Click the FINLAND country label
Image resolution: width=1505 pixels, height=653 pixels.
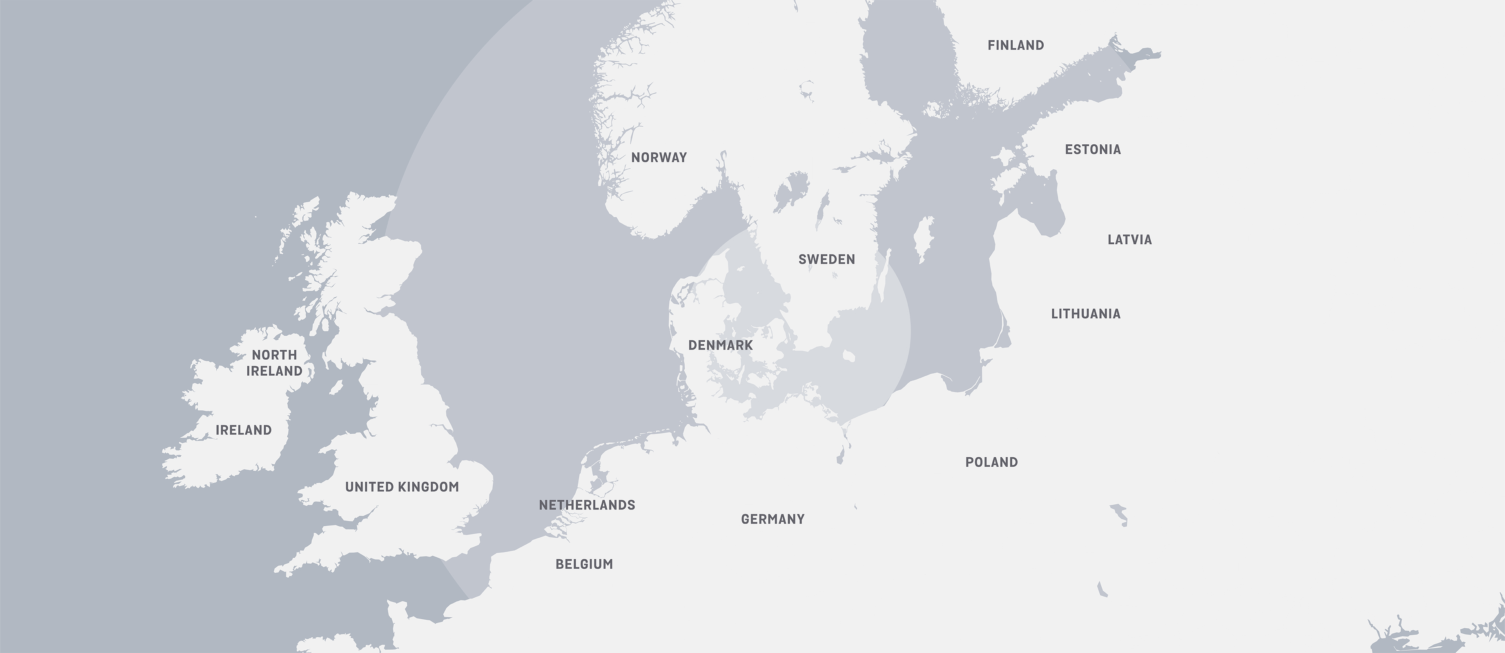coord(1015,45)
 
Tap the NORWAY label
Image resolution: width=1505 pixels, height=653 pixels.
coord(659,157)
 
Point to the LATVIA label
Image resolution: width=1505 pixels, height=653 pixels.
coord(1129,240)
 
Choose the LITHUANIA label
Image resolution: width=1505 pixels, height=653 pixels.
coord(1086,314)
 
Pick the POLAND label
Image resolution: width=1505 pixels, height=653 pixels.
coord(992,462)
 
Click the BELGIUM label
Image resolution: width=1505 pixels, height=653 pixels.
coord(584,564)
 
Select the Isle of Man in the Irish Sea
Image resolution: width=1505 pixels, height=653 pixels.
coord(336,387)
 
